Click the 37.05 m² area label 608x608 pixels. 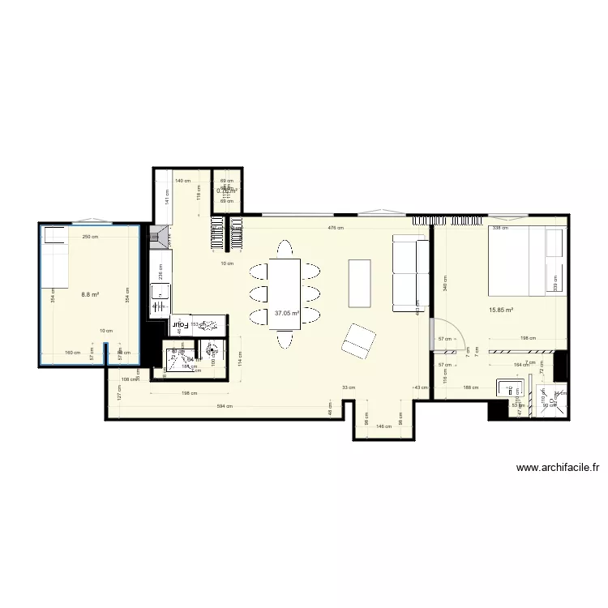(x=287, y=312)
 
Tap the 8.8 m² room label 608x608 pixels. (x=89, y=295)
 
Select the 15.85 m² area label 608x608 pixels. (x=500, y=309)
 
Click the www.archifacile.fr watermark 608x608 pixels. (x=557, y=468)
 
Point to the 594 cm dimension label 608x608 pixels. (x=224, y=406)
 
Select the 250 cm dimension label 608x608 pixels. (x=89, y=237)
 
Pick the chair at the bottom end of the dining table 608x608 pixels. (x=285, y=340)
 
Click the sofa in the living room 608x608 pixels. (x=410, y=273)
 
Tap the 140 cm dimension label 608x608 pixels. (x=182, y=182)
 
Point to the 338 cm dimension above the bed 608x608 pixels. (x=500, y=229)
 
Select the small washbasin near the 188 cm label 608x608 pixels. (x=511, y=387)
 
